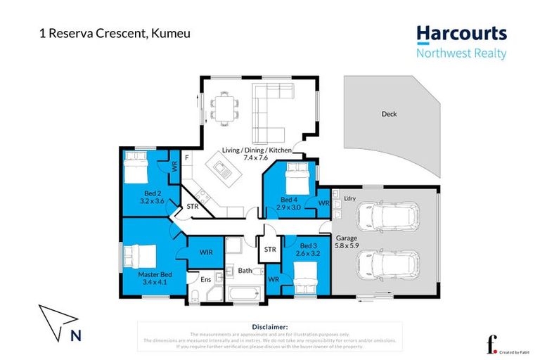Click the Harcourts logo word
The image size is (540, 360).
pos(461,34)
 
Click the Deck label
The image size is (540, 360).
pos(389,114)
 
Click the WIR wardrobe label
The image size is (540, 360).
pos(206,251)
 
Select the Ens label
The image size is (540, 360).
pos(205,280)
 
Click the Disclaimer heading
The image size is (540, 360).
pos(269,327)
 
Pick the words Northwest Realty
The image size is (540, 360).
pos(461,53)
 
